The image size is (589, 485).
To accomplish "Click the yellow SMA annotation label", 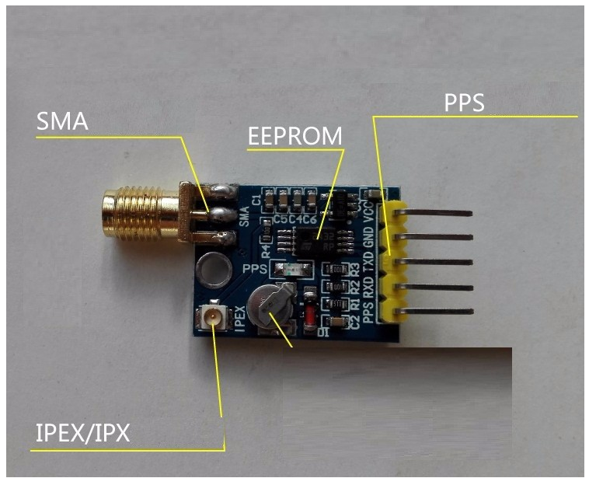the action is [62, 122].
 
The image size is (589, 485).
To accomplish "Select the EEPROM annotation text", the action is [294, 136].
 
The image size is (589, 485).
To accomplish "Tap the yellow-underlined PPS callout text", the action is [464, 103].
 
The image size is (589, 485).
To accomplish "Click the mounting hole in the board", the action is [212, 268].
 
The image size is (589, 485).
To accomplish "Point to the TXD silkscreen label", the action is [370, 260].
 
